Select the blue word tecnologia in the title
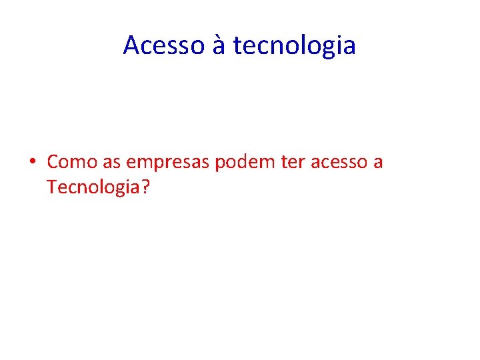[295, 45]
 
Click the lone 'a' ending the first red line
[378, 162]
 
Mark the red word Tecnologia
[94, 188]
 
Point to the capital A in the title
[131, 45]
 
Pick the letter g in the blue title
[332, 48]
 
